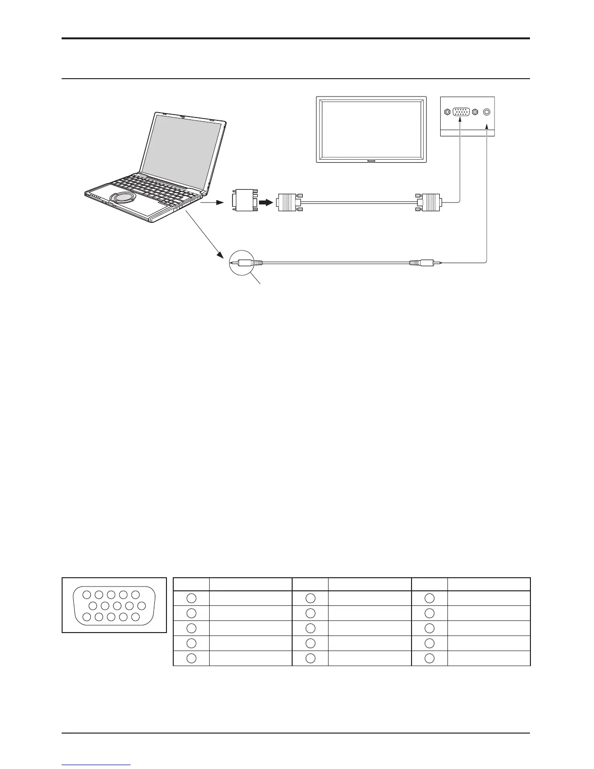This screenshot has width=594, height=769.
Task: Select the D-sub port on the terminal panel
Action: [x=461, y=112]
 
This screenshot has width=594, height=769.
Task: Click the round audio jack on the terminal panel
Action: [x=487, y=112]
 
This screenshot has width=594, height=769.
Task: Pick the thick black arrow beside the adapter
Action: [x=265, y=201]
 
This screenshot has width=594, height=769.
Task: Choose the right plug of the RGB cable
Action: [x=429, y=201]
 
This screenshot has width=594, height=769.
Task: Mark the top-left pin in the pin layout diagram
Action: [x=86, y=595]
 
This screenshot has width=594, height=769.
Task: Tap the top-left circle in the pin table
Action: [x=191, y=599]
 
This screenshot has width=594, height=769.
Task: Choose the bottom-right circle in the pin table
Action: [x=429, y=658]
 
